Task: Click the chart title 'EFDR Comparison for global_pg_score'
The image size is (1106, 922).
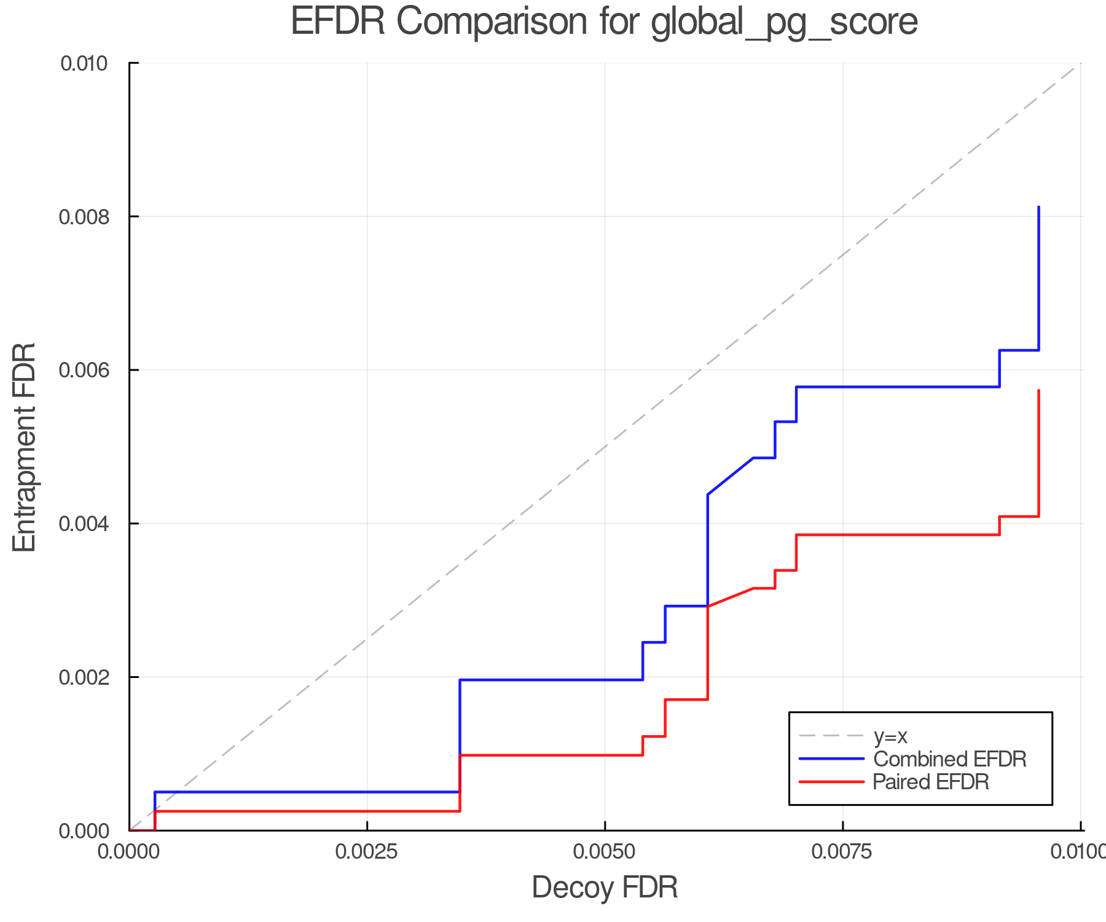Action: click(604, 22)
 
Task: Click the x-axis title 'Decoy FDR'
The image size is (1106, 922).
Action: click(605, 888)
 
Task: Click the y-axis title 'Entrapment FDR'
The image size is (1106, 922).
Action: click(25, 447)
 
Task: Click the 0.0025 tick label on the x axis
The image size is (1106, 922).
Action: click(367, 851)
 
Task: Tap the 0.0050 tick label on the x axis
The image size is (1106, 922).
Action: click(605, 851)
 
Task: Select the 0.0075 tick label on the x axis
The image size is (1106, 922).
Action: click(843, 851)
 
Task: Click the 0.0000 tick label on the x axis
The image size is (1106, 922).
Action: click(130, 851)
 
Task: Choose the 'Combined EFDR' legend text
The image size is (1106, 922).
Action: click(949, 759)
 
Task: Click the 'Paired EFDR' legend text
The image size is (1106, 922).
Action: click(931, 782)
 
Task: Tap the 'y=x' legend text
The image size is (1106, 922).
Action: click(890, 736)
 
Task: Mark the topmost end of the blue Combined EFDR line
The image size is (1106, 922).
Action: click(1038, 207)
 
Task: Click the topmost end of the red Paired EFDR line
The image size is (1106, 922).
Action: click(1038, 390)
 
